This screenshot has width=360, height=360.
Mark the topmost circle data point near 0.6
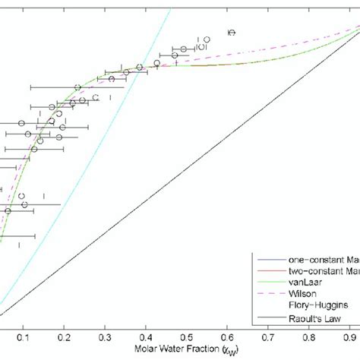[x=232, y=32]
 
